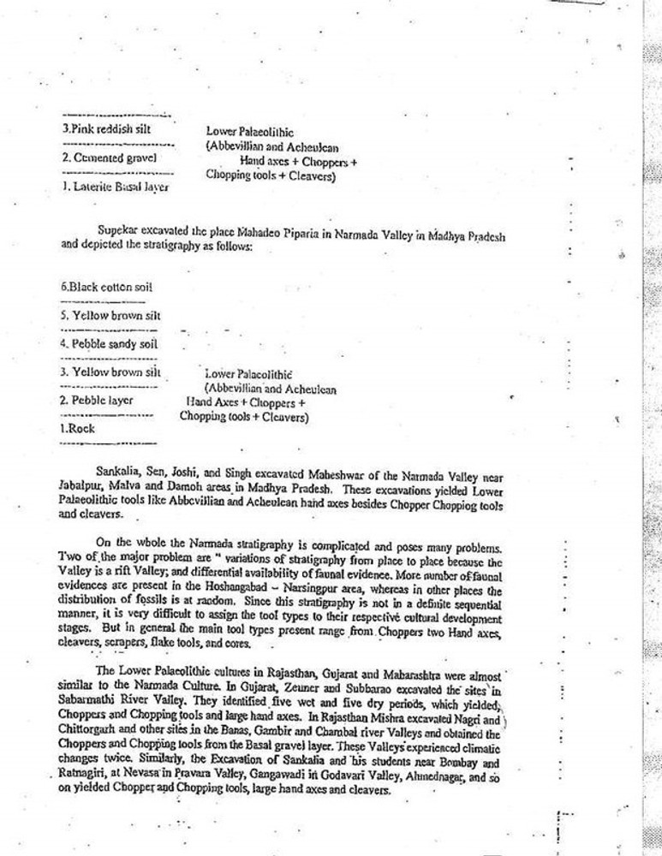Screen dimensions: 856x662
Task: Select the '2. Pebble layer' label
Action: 97,400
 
